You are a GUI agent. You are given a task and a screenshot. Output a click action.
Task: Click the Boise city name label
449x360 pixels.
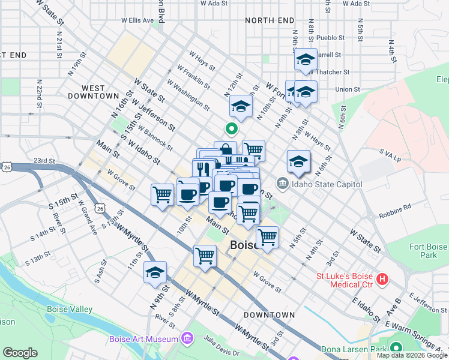244,245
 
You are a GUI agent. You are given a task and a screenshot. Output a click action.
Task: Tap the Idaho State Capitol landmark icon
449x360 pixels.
282,183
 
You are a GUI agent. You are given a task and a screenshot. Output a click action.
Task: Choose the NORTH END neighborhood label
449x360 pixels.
268,20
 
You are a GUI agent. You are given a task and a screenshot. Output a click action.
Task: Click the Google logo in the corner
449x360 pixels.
20,353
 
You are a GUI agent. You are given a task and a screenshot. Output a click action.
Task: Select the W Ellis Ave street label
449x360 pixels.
137,20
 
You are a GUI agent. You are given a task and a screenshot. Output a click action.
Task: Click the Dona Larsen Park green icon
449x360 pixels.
396,349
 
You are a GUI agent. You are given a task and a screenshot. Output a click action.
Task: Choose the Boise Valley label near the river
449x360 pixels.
70,310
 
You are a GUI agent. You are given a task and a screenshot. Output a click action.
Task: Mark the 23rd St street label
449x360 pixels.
44,161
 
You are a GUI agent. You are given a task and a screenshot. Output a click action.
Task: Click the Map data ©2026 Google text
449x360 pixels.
411,355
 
